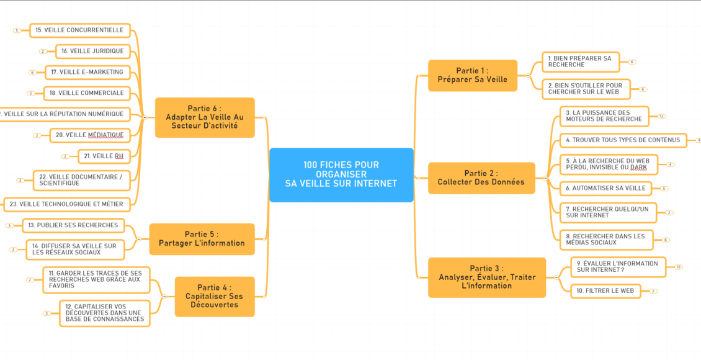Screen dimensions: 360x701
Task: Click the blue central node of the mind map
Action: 341,174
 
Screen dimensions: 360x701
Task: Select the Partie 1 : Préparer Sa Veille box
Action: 472,75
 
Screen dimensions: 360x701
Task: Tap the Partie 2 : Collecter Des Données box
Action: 481,178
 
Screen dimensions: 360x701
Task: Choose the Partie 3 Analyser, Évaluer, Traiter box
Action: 486,277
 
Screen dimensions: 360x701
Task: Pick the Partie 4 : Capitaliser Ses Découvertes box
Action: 214,296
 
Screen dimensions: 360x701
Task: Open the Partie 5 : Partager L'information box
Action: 202,238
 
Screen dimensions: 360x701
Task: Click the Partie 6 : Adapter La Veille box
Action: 204,117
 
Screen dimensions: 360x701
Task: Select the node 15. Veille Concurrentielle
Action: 79,30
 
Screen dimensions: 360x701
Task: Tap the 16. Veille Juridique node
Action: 92,51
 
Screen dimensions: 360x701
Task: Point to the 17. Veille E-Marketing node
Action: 87,72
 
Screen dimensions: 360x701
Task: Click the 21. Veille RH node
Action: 104,156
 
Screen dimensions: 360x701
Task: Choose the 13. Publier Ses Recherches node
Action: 73,225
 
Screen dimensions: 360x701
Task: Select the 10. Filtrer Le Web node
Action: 605,290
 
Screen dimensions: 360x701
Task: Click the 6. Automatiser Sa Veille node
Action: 605,188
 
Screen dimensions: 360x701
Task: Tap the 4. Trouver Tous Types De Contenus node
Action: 622,140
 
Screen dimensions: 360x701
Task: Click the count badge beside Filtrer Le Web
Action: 653,290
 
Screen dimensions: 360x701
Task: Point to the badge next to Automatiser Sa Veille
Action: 664,188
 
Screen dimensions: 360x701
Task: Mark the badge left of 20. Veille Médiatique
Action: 37,135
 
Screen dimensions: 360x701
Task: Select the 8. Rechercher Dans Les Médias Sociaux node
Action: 604,240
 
